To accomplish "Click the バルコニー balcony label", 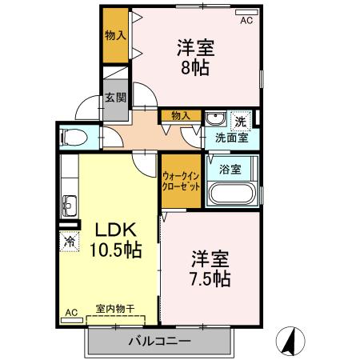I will click(160, 342).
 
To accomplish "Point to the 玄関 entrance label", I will click(114, 99).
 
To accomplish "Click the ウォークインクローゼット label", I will click(182, 180).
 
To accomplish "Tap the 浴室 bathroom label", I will click(230, 170).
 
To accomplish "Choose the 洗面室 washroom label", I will click(231, 137).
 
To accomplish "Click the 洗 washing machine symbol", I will click(240, 121).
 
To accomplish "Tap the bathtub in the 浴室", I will click(231, 194).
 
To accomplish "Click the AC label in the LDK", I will click(70, 312).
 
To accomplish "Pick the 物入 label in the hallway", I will click(180, 115).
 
